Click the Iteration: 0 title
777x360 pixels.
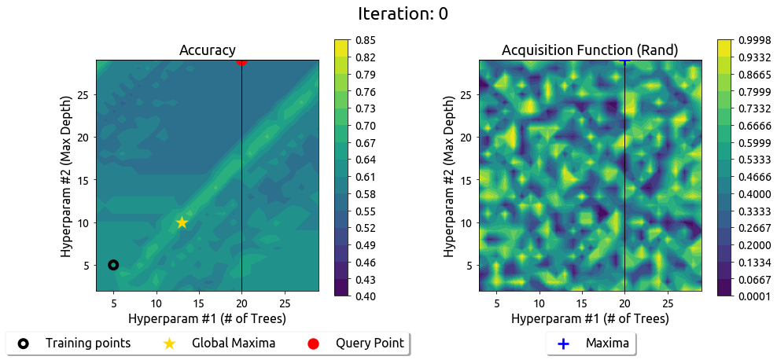(403, 13)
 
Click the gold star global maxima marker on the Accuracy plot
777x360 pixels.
(182, 222)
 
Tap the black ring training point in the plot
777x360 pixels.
(113, 265)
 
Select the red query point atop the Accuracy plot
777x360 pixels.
(241, 61)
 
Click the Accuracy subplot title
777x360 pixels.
(208, 50)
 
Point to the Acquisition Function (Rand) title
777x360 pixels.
(590, 50)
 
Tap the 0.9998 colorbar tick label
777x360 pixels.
(753, 40)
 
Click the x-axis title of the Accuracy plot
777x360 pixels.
(208, 319)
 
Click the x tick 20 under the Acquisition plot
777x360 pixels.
(624, 303)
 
